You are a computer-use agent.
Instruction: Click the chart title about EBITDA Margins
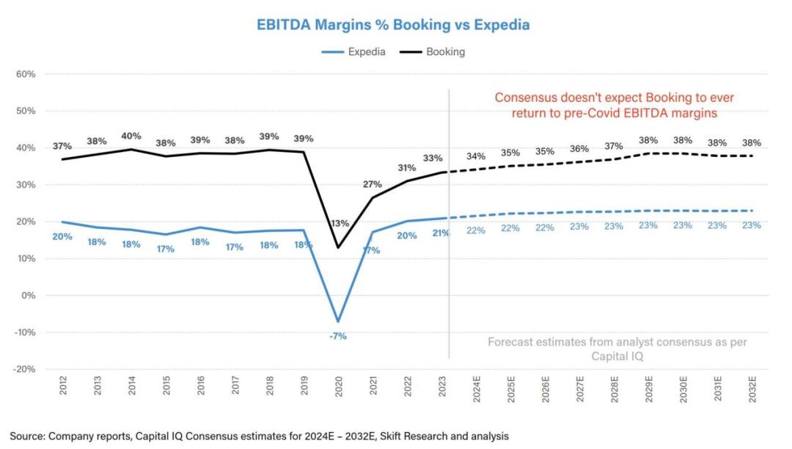[x=393, y=25]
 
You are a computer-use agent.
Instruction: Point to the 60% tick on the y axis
[x=26, y=74]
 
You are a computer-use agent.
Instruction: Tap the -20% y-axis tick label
[x=25, y=369]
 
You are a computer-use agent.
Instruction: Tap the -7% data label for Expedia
[x=338, y=336]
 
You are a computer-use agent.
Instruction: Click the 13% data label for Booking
[x=340, y=224]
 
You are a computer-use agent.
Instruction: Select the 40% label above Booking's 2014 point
[x=131, y=136]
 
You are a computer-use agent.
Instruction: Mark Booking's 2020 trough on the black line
[x=339, y=247]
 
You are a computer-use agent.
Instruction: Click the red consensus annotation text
[x=613, y=105]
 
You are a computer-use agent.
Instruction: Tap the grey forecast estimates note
[x=617, y=348]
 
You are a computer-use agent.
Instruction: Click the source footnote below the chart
[x=259, y=436]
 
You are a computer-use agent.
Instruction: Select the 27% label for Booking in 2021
[x=373, y=185]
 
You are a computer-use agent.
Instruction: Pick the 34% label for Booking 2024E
[x=476, y=157]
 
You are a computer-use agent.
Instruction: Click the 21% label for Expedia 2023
[x=441, y=233]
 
